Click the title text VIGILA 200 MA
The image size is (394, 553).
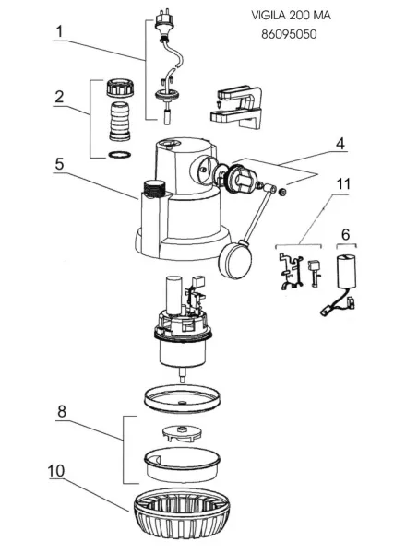[291, 16]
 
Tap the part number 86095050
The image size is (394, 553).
[289, 35]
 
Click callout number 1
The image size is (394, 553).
[60, 31]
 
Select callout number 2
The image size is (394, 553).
[59, 97]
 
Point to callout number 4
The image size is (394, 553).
[340, 144]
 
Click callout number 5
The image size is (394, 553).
[59, 164]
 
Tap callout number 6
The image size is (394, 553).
[346, 234]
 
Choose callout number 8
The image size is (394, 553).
[62, 411]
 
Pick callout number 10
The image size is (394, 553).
[56, 471]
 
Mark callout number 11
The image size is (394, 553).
[343, 183]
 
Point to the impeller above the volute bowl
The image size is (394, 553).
[181, 433]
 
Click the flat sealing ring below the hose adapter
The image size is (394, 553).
[120, 155]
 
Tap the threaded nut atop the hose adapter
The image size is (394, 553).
[120, 88]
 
